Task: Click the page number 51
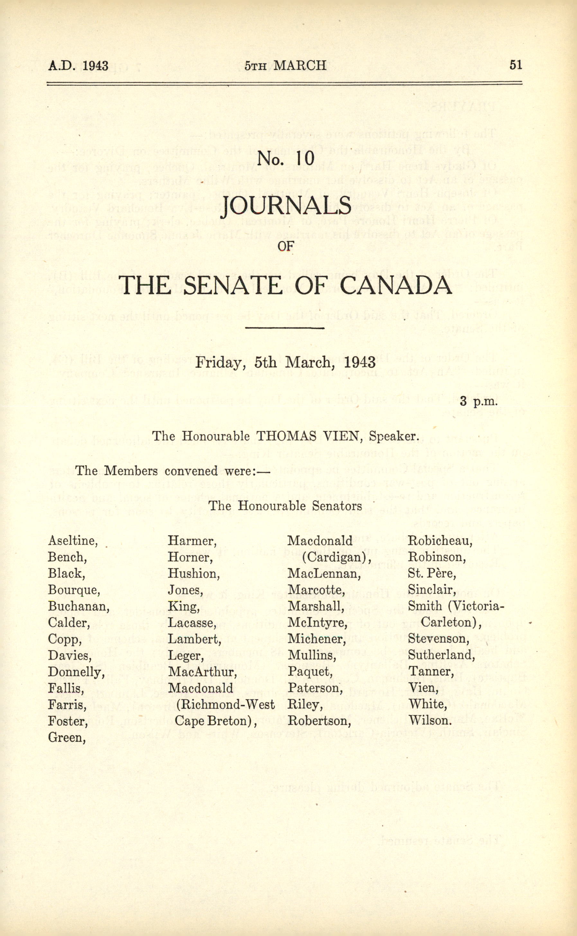tap(515, 66)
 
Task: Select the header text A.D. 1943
tap(78, 66)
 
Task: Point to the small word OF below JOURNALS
tap(285, 247)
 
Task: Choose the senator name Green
tap(66, 738)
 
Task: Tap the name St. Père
tap(432, 573)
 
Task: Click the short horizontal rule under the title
tap(285, 328)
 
